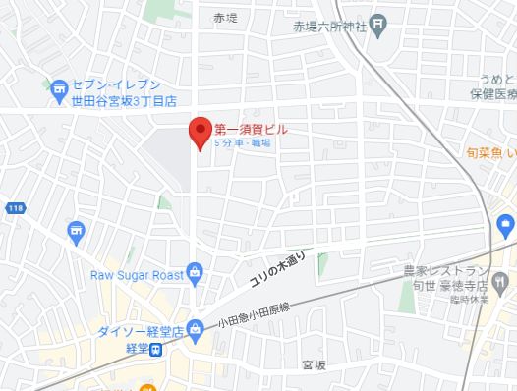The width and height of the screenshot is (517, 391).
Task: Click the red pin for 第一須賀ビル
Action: pyautogui.click(x=201, y=132)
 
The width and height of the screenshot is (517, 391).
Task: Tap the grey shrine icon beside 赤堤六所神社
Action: pyautogui.click(x=378, y=26)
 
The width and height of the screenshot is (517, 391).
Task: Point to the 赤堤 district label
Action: pyautogui.click(x=226, y=18)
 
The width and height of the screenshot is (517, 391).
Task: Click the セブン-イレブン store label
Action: pyautogui.click(x=118, y=85)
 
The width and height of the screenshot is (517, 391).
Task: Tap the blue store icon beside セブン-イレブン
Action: pyautogui.click(x=59, y=92)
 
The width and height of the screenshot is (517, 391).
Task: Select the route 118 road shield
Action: pyautogui.click(x=16, y=208)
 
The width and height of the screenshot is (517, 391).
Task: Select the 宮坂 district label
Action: pyautogui.click(x=314, y=364)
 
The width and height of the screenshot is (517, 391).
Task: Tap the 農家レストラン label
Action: pyautogui.click(x=453, y=270)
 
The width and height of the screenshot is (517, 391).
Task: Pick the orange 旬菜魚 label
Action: pyautogui.click(x=490, y=152)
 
